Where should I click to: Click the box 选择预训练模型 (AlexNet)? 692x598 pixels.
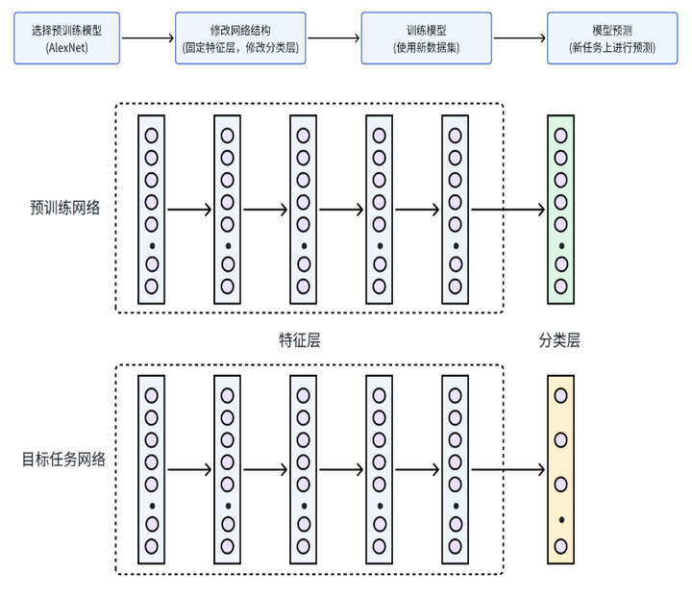click(x=66, y=38)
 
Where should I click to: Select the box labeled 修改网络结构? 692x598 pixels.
click(x=240, y=38)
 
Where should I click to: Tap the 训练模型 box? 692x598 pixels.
click(x=426, y=38)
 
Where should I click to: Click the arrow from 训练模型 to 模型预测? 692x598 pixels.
click(x=518, y=38)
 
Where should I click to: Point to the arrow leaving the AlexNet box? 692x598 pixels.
click(x=147, y=38)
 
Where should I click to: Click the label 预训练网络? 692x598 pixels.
click(x=65, y=208)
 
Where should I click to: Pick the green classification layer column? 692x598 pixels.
click(x=560, y=210)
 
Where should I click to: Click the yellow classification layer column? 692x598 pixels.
click(x=560, y=471)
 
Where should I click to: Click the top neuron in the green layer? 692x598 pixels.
click(x=560, y=136)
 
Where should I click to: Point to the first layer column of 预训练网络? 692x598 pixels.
click(x=151, y=210)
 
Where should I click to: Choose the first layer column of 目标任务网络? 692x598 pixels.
click(x=151, y=471)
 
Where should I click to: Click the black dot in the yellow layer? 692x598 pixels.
click(x=560, y=520)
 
